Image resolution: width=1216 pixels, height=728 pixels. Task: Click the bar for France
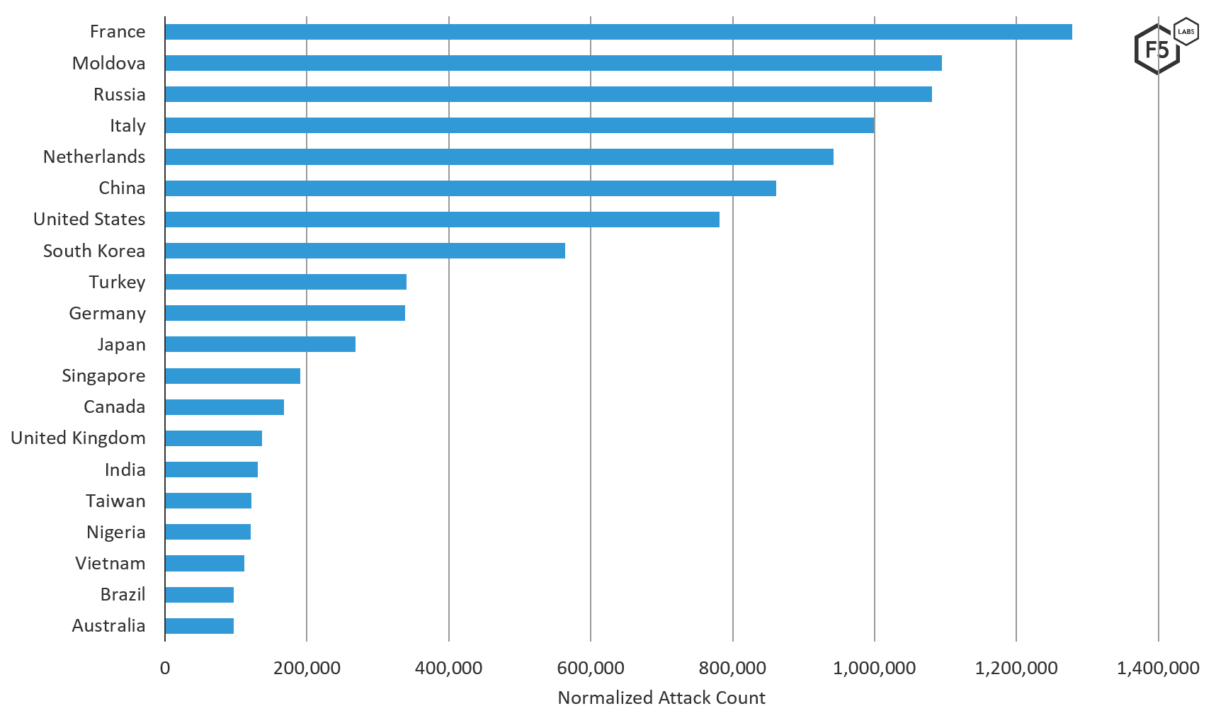pyautogui.click(x=618, y=32)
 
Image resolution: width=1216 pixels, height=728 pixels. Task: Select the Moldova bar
pyautogui.click(x=553, y=63)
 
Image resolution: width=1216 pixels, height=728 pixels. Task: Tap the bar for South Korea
pyautogui.click(x=365, y=251)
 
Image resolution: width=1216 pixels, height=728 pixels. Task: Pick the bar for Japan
pyautogui.click(x=260, y=344)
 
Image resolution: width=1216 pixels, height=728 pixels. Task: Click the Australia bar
pyautogui.click(x=199, y=626)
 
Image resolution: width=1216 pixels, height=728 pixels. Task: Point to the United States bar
pyautogui.click(x=442, y=220)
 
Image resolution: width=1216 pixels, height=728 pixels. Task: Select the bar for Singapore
pyautogui.click(x=232, y=376)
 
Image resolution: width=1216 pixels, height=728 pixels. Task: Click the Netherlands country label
pyautogui.click(x=94, y=157)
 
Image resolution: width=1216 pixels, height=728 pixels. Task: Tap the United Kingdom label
pyautogui.click(x=78, y=438)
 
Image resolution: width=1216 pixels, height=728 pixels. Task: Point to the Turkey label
pyautogui.click(x=117, y=282)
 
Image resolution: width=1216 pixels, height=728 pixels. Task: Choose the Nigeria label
pyautogui.click(x=116, y=532)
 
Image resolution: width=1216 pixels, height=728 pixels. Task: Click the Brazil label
pyautogui.click(x=123, y=594)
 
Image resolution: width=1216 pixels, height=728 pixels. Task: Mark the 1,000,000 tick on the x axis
pyautogui.click(x=874, y=668)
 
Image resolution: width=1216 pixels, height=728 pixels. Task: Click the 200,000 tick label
pyautogui.click(x=307, y=668)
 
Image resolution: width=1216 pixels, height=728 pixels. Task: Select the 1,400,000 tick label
pyautogui.click(x=1158, y=668)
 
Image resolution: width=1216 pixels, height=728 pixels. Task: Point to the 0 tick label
pyautogui.click(x=165, y=668)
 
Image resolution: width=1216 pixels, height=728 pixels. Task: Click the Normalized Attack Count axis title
pyautogui.click(x=661, y=698)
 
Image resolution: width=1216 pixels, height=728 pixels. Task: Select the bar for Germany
pyautogui.click(x=285, y=313)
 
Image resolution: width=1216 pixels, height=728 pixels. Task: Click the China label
pyautogui.click(x=122, y=188)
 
